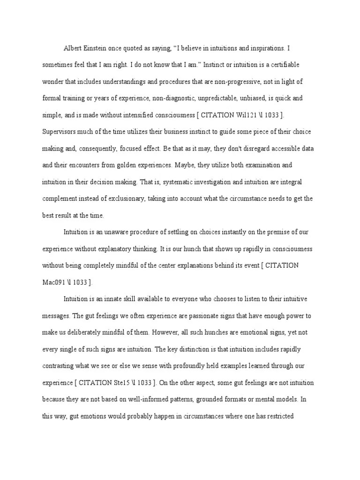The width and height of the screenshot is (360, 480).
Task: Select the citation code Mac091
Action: coord(55,282)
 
